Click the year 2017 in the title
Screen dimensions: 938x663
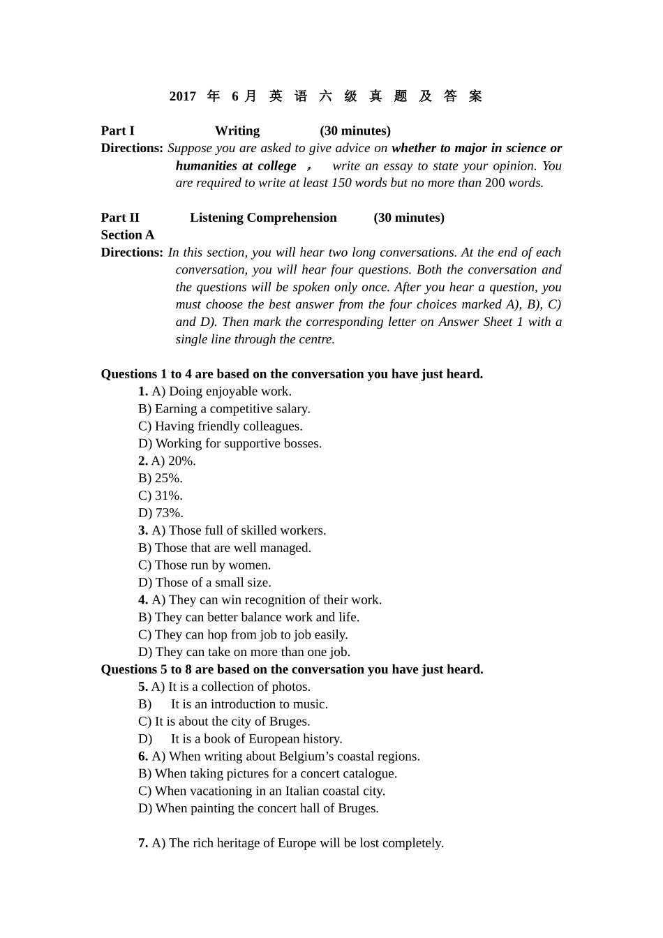(x=183, y=96)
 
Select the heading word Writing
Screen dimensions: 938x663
(x=237, y=131)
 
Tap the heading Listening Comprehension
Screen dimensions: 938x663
(x=263, y=218)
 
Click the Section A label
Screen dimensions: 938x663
(x=128, y=235)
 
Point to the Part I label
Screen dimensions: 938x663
(x=118, y=131)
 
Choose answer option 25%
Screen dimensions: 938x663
(x=161, y=478)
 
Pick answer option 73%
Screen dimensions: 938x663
(x=161, y=513)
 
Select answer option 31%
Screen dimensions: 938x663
(x=161, y=496)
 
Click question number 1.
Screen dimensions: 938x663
(x=143, y=392)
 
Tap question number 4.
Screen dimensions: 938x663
(x=143, y=600)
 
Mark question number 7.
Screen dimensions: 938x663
(x=143, y=843)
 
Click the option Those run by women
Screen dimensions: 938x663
(x=204, y=565)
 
